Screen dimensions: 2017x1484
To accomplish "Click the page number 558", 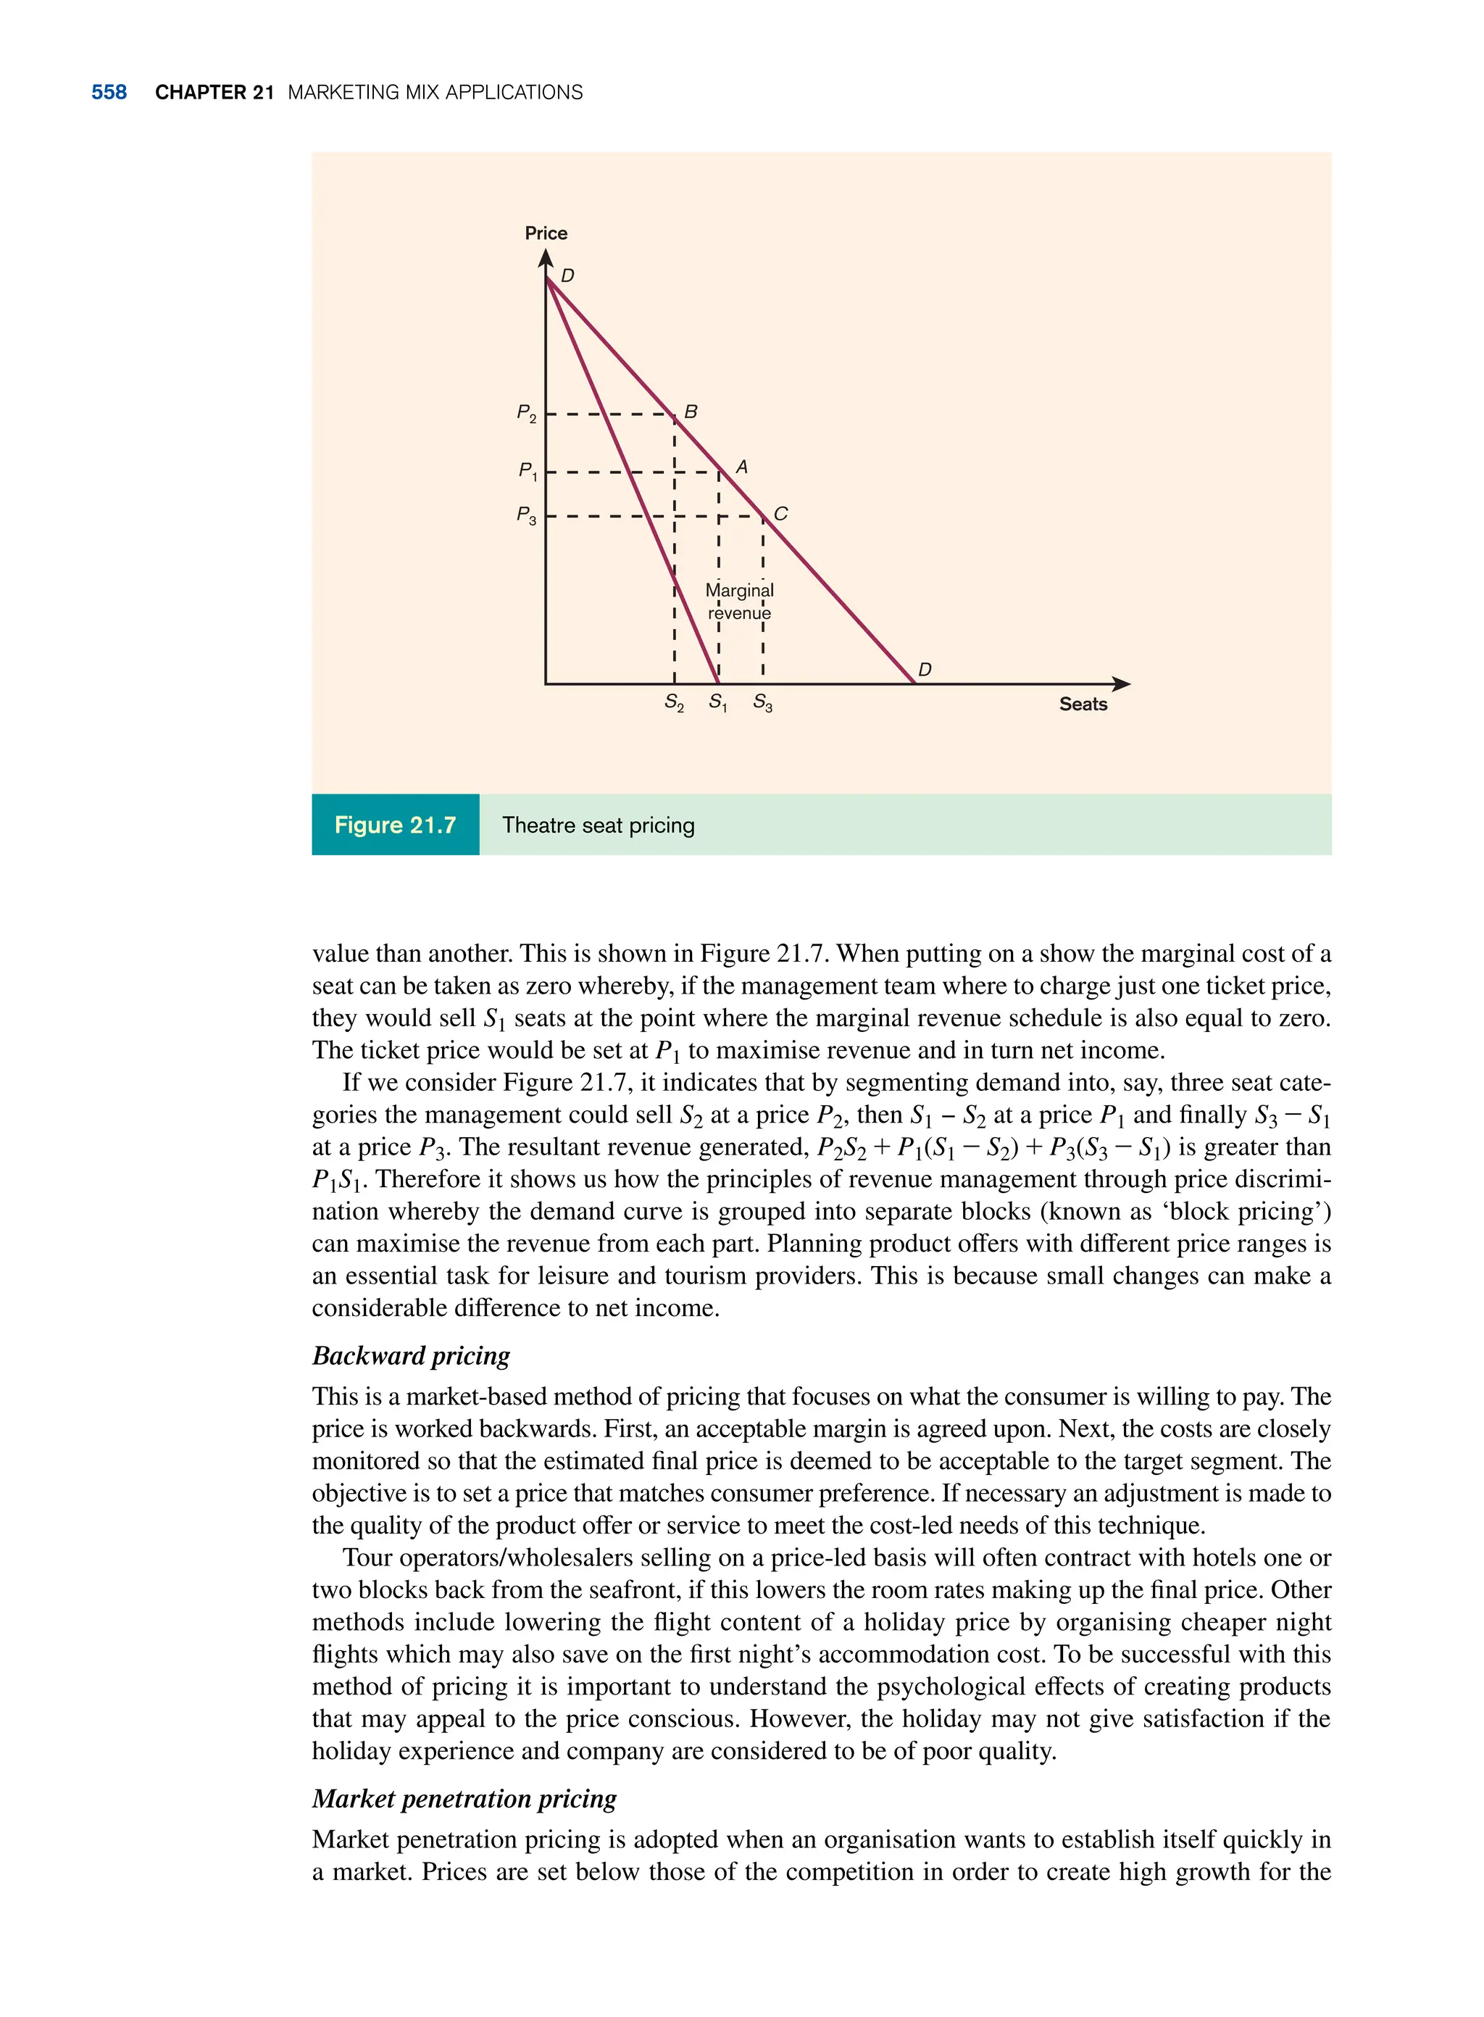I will (x=109, y=93).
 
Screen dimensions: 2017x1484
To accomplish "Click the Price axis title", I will (x=546, y=233).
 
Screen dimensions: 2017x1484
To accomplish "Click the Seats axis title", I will (x=1083, y=704).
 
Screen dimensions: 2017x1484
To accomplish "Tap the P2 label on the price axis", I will (x=526, y=413).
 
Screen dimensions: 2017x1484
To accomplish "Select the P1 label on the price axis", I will (x=528, y=471).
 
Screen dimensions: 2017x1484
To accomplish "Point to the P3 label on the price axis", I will (x=526, y=516).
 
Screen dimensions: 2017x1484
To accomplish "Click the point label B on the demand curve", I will (x=690, y=412).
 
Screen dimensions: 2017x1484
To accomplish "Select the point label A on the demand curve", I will (x=741, y=467).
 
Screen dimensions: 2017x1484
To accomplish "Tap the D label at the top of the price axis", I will (x=567, y=276).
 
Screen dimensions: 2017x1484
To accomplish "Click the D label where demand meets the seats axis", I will (x=925, y=670).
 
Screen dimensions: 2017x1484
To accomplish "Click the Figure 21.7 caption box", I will (x=395, y=825).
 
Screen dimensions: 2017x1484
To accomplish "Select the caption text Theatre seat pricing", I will (x=599, y=825).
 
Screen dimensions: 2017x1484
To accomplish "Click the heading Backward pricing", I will (x=411, y=1356).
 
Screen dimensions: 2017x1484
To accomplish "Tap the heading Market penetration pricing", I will (x=464, y=1799).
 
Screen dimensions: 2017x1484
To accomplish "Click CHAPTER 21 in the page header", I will (x=214, y=93).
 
